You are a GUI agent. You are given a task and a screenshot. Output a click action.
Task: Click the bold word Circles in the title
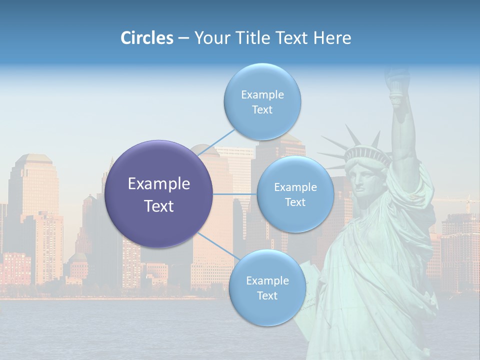tap(146, 38)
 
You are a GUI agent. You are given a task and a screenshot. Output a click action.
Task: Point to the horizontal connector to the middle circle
tap(235, 194)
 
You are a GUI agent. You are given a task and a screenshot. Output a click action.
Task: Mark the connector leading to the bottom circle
tap(218, 246)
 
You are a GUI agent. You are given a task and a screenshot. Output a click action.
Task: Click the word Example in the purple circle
tap(159, 184)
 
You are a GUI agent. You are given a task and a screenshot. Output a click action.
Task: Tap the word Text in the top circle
tap(262, 110)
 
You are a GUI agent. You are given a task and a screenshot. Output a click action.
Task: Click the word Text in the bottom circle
tap(267, 296)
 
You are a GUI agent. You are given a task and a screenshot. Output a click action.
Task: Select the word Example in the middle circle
tap(295, 187)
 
